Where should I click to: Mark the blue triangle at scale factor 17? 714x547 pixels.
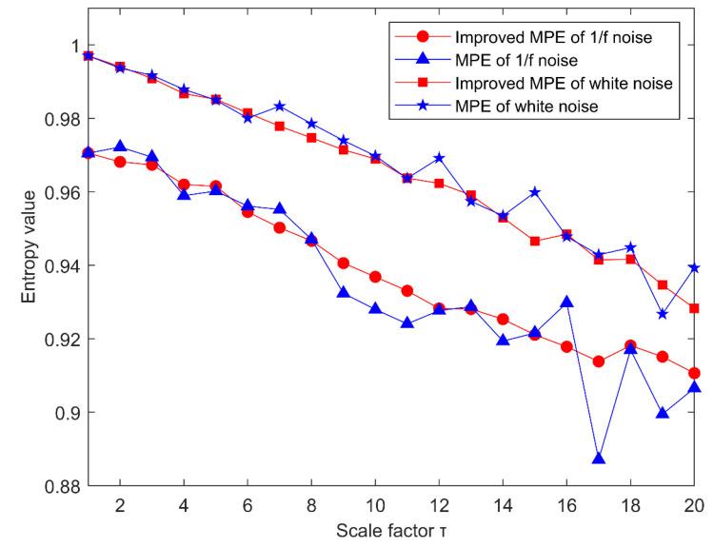pos(599,459)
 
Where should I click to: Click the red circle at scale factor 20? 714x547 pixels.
pos(694,373)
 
